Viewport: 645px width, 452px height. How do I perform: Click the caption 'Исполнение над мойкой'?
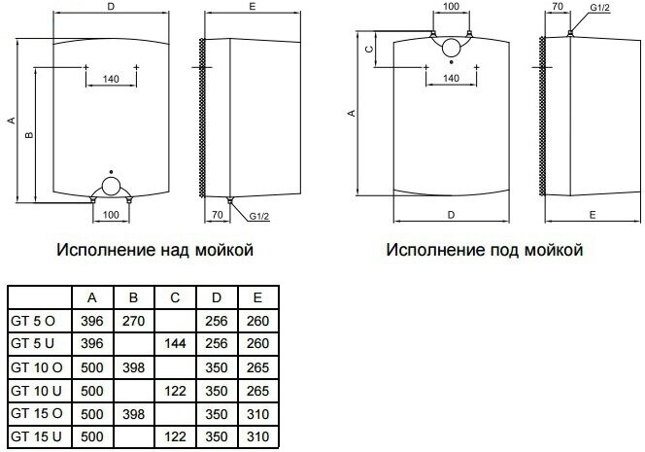tap(155, 251)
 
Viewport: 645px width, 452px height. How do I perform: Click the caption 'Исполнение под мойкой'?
tap(485, 251)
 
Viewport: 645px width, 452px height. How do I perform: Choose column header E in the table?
tap(257, 297)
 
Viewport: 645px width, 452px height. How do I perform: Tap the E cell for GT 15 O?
tap(257, 414)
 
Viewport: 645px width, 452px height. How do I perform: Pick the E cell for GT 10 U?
tap(257, 391)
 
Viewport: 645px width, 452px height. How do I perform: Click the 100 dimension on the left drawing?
tap(110, 214)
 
